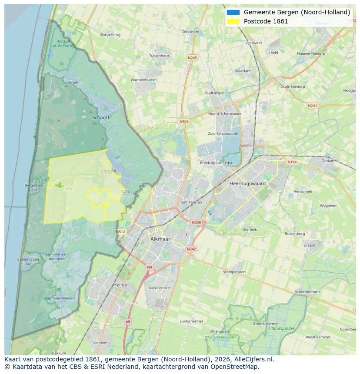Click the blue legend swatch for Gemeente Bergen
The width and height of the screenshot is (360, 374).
pyautogui.click(x=233, y=12)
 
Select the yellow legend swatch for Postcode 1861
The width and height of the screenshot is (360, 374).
pyautogui.click(x=233, y=21)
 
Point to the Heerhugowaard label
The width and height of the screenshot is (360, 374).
pyautogui.click(x=247, y=184)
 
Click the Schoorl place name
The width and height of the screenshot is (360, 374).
pyautogui.click(x=100, y=117)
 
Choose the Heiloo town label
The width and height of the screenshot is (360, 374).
pyautogui.click(x=120, y=285)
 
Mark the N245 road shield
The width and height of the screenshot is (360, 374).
pyautogui.click(x=192, y=58)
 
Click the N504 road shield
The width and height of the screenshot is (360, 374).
pyautogui.click(x=184, y=122)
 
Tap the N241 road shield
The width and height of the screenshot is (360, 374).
pyautogui.click(x=312, y=106)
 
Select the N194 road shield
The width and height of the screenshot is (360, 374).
pyautogui.click(x=292, y=162)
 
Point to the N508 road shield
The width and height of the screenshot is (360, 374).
pyautogui.click(x=196, y=222)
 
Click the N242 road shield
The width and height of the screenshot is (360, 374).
pyautogui.click(x=191, y=249)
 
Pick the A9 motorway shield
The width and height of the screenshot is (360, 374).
pyautogui.click(x=127, y=321)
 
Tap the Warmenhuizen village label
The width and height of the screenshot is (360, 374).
pyautogui.click(x=144, y=80)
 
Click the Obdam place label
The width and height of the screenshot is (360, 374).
pyautogui.click(x=328, y=161)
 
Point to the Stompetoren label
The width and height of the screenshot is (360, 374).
pyautogui.click(x=234, y=272)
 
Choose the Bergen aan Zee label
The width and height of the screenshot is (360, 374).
pyautogui.click(x=34, y=187)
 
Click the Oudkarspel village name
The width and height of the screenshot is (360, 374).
pyautogui.click(x=215, y=93)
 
